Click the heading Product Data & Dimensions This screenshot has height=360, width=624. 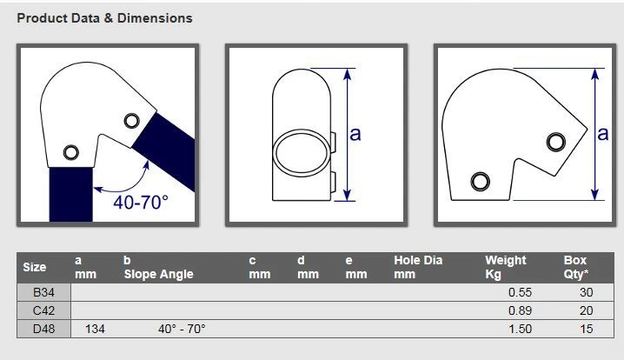tap(105, 17)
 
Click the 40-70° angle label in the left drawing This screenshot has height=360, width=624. tap(141, 202)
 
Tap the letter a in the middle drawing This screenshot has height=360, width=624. tap(355, 133)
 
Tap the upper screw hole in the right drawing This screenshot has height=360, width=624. tap(555, 141)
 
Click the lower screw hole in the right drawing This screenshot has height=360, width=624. tap(479, 181)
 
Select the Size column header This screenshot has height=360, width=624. tap(35, 267)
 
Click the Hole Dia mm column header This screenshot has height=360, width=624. tap(418, 267)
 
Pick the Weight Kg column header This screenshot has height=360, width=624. tap(506, 267)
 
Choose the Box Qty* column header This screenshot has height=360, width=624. tap(575, 267)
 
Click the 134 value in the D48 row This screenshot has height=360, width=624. tap(96, 329)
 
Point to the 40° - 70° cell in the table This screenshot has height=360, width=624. tap(182, 329)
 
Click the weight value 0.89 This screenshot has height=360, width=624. tap(520, 310)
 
